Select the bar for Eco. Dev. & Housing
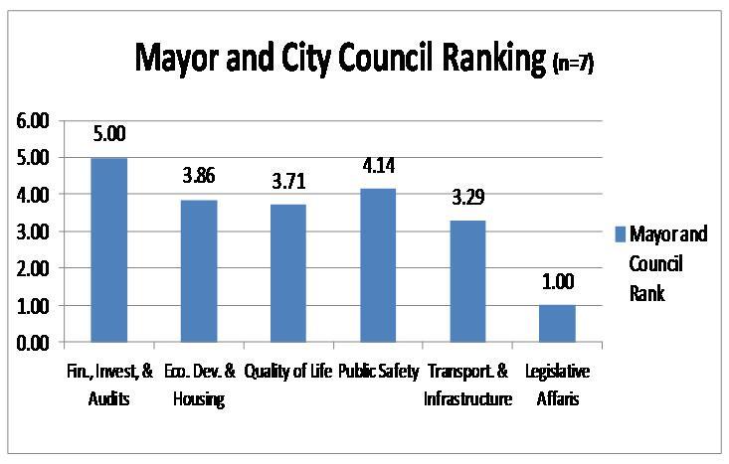[x=199, y=271]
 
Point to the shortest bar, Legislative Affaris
[x=557, y=324]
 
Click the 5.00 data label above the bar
[x=109, y=134]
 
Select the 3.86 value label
[x=199, y=177]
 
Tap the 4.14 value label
[x=378, y=166]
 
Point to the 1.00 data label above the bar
[x=557, y=283]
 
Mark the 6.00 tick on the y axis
[x=29, y=121]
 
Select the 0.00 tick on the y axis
[x=29, y=344]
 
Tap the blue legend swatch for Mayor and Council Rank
[x=621, y=234]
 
